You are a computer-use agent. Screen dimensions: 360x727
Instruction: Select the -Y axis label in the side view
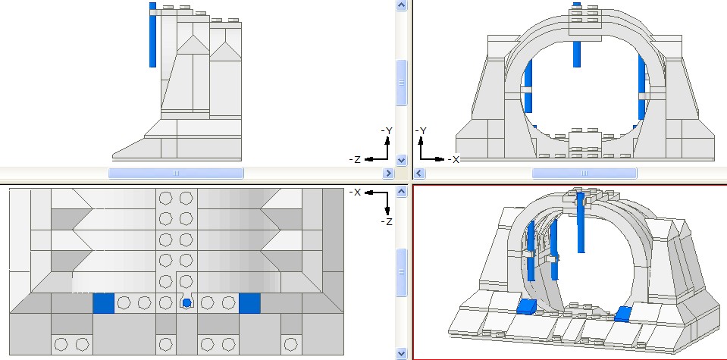tap(387, 131)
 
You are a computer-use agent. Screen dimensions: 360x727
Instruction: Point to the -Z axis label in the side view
tap(354, 159)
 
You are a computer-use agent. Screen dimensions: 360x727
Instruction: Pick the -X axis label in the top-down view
tap(354, 192)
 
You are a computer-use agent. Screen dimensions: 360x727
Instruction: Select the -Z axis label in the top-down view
tap(387, 221)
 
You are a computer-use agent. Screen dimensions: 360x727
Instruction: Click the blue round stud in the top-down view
tap(186, 303)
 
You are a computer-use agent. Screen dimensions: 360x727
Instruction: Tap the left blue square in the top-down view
tap(103, 303)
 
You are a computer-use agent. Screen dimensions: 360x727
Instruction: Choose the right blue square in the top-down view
tap(249, 303)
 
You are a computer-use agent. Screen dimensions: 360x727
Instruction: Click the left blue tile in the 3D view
tap(526, 306)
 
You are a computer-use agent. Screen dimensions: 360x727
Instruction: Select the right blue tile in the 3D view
tap(623, 313)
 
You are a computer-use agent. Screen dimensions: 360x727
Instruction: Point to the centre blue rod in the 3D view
tap(581, 223)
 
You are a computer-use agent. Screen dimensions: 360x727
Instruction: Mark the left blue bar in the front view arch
tap(528, 92)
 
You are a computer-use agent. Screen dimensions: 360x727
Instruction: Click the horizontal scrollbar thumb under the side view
tap(176, 174)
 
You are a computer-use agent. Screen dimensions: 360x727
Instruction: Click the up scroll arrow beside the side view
tap(402, 5)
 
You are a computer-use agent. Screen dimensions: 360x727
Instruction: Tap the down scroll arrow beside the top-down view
tap(402, 353)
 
